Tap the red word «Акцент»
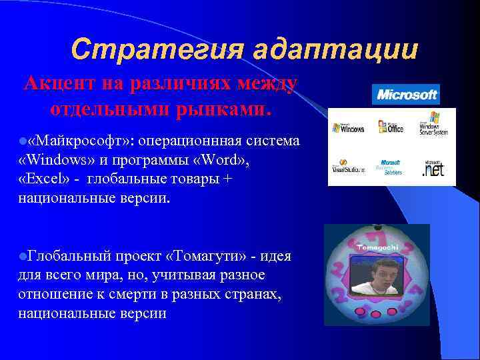[x=61, y=85]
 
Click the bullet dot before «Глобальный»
[x=23, y=257]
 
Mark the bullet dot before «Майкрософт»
[x=23, y=141]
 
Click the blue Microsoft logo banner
[x=406, y=95]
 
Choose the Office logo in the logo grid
[x=390, y=127]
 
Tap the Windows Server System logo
[x=433, y=127]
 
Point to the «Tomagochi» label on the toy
[x=377, y=247]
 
